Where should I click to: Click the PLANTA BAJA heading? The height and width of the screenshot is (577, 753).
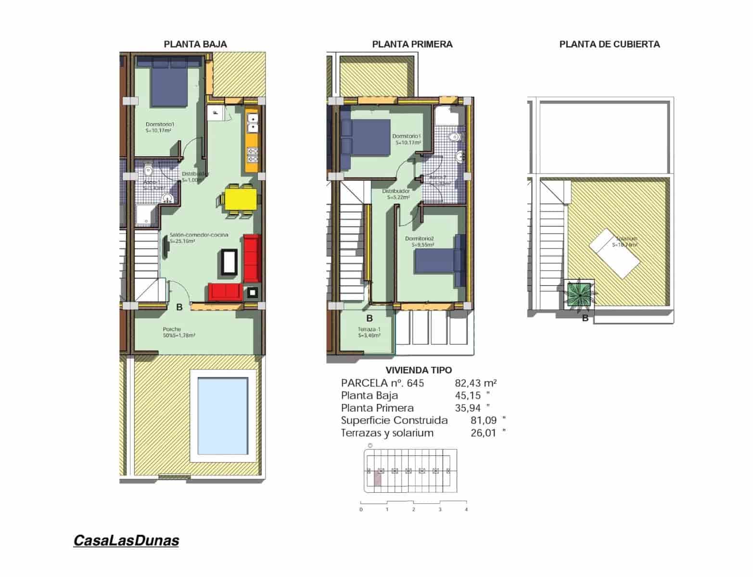coord(195,44)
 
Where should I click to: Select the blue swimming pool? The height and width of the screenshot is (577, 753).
coord(223,415)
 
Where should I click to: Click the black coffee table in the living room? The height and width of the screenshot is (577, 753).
coord(229,262)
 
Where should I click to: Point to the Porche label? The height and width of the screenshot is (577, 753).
coord(172,329)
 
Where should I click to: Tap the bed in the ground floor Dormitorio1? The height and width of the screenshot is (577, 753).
coord(169,81)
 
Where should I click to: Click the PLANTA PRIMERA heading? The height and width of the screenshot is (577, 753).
coord(412,44)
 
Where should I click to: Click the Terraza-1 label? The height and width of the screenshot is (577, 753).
coord(369,329)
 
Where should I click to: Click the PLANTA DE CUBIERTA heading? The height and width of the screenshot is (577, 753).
coord(609,44)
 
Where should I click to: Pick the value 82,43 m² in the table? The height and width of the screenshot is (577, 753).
coord(475,383)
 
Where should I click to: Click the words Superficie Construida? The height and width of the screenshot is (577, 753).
coord(394,420)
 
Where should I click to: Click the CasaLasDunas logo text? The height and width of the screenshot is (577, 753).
coord(126,540)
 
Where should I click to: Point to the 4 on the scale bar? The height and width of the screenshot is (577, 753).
coord(466,509)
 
